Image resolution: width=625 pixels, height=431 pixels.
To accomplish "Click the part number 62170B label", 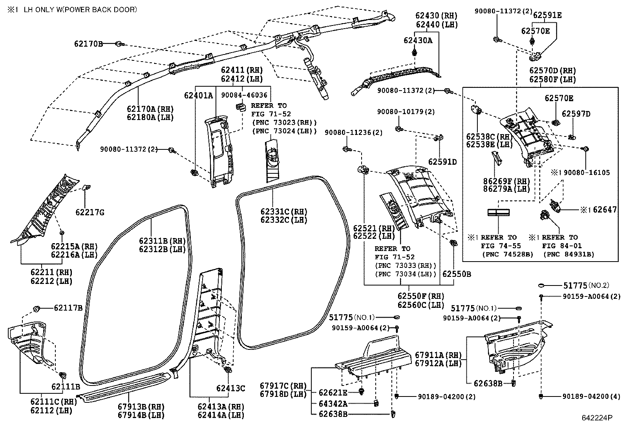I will pos(88,44).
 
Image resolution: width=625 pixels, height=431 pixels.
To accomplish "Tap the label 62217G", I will pos(90,212).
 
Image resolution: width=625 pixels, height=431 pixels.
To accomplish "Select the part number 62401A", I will pos(199,95).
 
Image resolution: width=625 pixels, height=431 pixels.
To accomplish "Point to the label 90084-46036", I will pos(244,95).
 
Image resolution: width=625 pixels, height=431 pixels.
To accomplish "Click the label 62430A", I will pos(418,40).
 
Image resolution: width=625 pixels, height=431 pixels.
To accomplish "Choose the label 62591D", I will pos(442,162).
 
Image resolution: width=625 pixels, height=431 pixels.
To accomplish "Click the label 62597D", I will pos(576,114).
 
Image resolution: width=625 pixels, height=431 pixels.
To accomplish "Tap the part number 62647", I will pos(605,210).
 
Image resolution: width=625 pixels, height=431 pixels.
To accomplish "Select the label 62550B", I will pos(457,274).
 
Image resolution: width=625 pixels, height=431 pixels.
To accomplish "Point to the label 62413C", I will pos(230,388).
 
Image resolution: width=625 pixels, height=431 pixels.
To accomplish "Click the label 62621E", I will pos(333,393).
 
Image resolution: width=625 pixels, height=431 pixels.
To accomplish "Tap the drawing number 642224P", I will pos(597,418).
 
